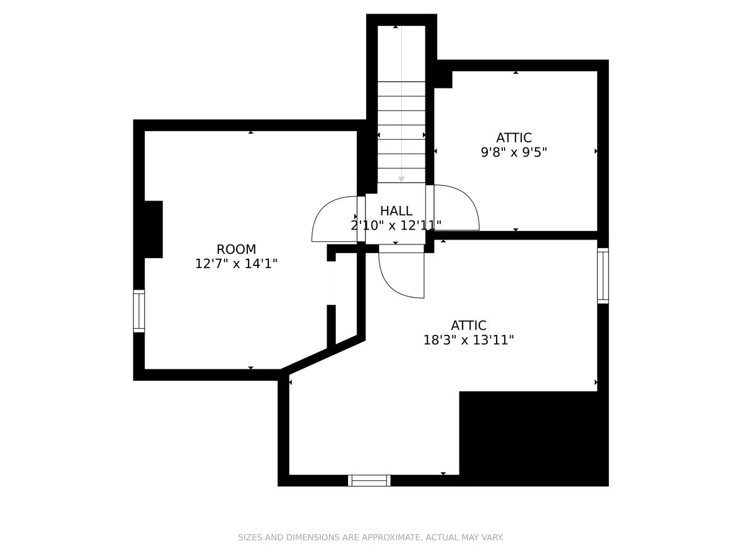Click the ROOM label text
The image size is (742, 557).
click(x=236, y=249)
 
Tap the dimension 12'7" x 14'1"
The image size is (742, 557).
click(x=236, y=264)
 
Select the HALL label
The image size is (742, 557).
click(x=396, y=210)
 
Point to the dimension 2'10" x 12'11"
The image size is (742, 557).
click(x=396, y=225)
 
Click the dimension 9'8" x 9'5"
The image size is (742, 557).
click(x=513, y=152)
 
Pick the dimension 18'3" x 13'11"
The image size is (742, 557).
click(x=469, y=340)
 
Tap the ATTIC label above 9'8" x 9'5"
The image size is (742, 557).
click(x=513, y=137)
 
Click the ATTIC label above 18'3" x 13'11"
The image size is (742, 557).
click(x=469, y=326)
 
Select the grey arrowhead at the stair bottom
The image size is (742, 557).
click(x=401, y=179)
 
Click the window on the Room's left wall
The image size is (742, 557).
click(x=139, y=311)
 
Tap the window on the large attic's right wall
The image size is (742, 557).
click(x=603, y=275)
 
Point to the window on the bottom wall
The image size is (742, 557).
click(x=369, y=480)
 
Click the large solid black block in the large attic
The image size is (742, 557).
click(x=534, y=439)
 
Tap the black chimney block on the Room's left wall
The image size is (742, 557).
click(x=153, y=229)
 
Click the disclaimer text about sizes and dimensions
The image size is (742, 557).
click(x=371, y=537)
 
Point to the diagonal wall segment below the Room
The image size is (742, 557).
click(x=323, y=355)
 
